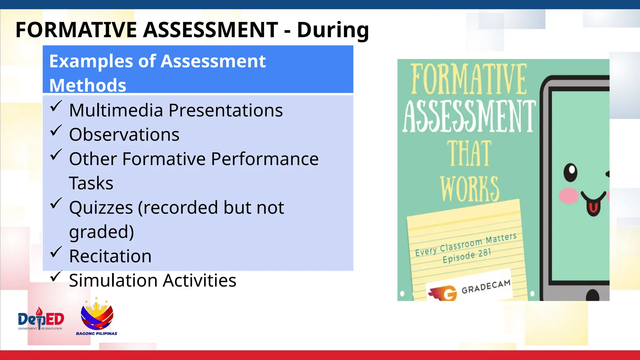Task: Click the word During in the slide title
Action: coord(332,30)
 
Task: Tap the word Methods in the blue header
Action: coord(87,85)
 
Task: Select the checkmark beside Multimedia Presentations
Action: coord(56,106)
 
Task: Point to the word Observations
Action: coord(124,135)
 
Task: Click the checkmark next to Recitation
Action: coord(56,252)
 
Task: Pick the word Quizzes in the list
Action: coord(101,207)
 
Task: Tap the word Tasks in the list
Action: coord(91,183)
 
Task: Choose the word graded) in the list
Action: coord(101,232)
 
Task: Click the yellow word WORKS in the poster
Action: coord(469,189)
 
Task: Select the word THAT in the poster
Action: coord(469,153)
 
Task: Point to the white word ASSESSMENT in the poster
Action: coord(469,117)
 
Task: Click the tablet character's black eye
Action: coord(571,172)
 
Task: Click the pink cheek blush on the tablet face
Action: coord(568,196)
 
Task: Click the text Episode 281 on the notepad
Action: coord(467,256)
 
